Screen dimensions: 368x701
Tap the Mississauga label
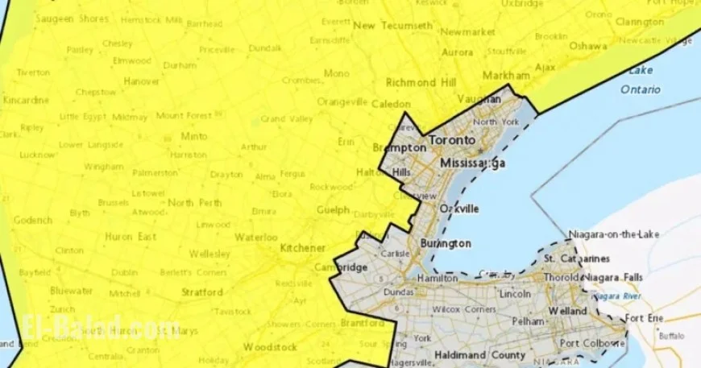click(x=472, y=163)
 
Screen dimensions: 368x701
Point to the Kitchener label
click(x=303, y=248)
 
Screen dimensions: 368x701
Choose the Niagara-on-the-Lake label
click(x=615, y=234)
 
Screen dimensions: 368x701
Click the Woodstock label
click(x=264, y=347)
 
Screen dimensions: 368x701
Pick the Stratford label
click(x=203, y=292)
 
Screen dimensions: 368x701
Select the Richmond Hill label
click(x=421, y=82)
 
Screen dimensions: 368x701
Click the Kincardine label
click(x=27, y=101)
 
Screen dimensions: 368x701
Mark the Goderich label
click(x=33, y=219)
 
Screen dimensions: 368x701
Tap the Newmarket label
click(x=467, y=32)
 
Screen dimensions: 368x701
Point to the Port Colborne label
click(x=591, y=344)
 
